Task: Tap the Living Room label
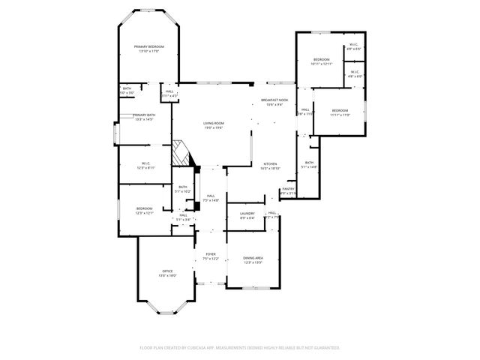click(x=214, y=123)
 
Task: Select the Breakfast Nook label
click(x=274, y=100)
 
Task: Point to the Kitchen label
click(x=270, y=163)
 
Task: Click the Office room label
click(x=168, y=271)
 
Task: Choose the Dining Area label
click(x=253, y=258)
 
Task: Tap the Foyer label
click(x=211, y=254)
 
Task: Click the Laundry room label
click(x=247, y=213)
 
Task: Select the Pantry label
click(x=289, y=189)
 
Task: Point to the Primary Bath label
click(x=144, y=115)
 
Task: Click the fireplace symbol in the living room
click(x=182, y=153)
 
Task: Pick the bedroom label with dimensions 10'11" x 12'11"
click(x=321, y=59)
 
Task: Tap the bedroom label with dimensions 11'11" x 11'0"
click(x=340, y=110)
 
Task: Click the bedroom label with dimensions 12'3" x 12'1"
click(x=144, y=208)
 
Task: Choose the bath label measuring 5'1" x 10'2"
click(x=183, y=187)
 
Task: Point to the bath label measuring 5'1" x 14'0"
click(x=309, y=163)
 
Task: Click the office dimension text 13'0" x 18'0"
click(x=168, y=275)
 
